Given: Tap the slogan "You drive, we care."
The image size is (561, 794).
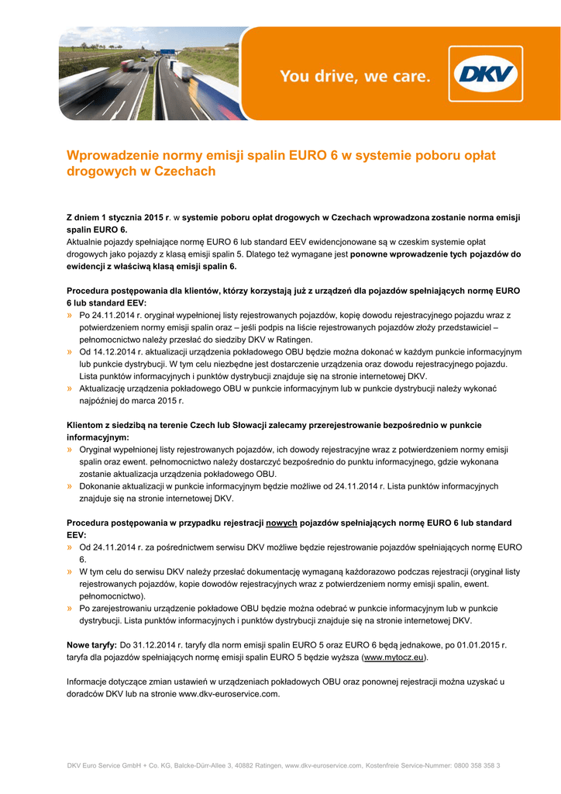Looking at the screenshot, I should pyautogui.click(x=354, y=76).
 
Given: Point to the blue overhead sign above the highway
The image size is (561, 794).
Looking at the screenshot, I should pyautogui.click(x=168, y=52).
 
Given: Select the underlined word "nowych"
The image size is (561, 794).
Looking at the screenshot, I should pyautogui.click(x=281, y=523).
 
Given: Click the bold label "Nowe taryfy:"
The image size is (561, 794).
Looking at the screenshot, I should pyautogui.click(x=91, y=644).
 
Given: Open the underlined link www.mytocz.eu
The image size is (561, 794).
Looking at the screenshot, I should pyautogui.click(x=394, y=657).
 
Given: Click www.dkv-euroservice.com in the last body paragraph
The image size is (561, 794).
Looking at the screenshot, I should pyautogui.click(x=229, y=693).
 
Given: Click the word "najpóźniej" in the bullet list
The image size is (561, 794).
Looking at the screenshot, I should pyautogui.click(x=98, y=400).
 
